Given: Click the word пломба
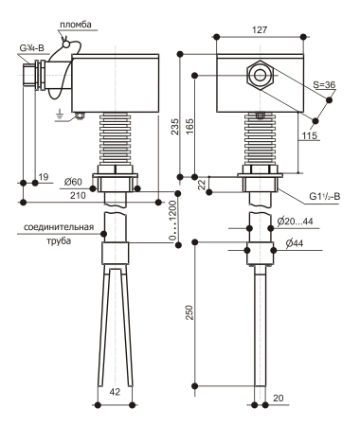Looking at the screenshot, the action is (x=75, y=25).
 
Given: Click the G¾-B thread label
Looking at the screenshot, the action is (x=32, y=48).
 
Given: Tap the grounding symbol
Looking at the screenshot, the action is (x=59, y=115).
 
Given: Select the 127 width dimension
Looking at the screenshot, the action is (x=260, y=30).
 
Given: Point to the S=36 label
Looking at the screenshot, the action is (x=324, y=84).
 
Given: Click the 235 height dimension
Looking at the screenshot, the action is (x=174, y=127).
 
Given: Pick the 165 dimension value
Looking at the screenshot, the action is (x=189, y=127).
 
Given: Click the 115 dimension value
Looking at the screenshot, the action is (x=309, y=135).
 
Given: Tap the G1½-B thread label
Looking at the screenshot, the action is (x=324, y=196).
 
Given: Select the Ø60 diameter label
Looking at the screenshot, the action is (x=73, y=182).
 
